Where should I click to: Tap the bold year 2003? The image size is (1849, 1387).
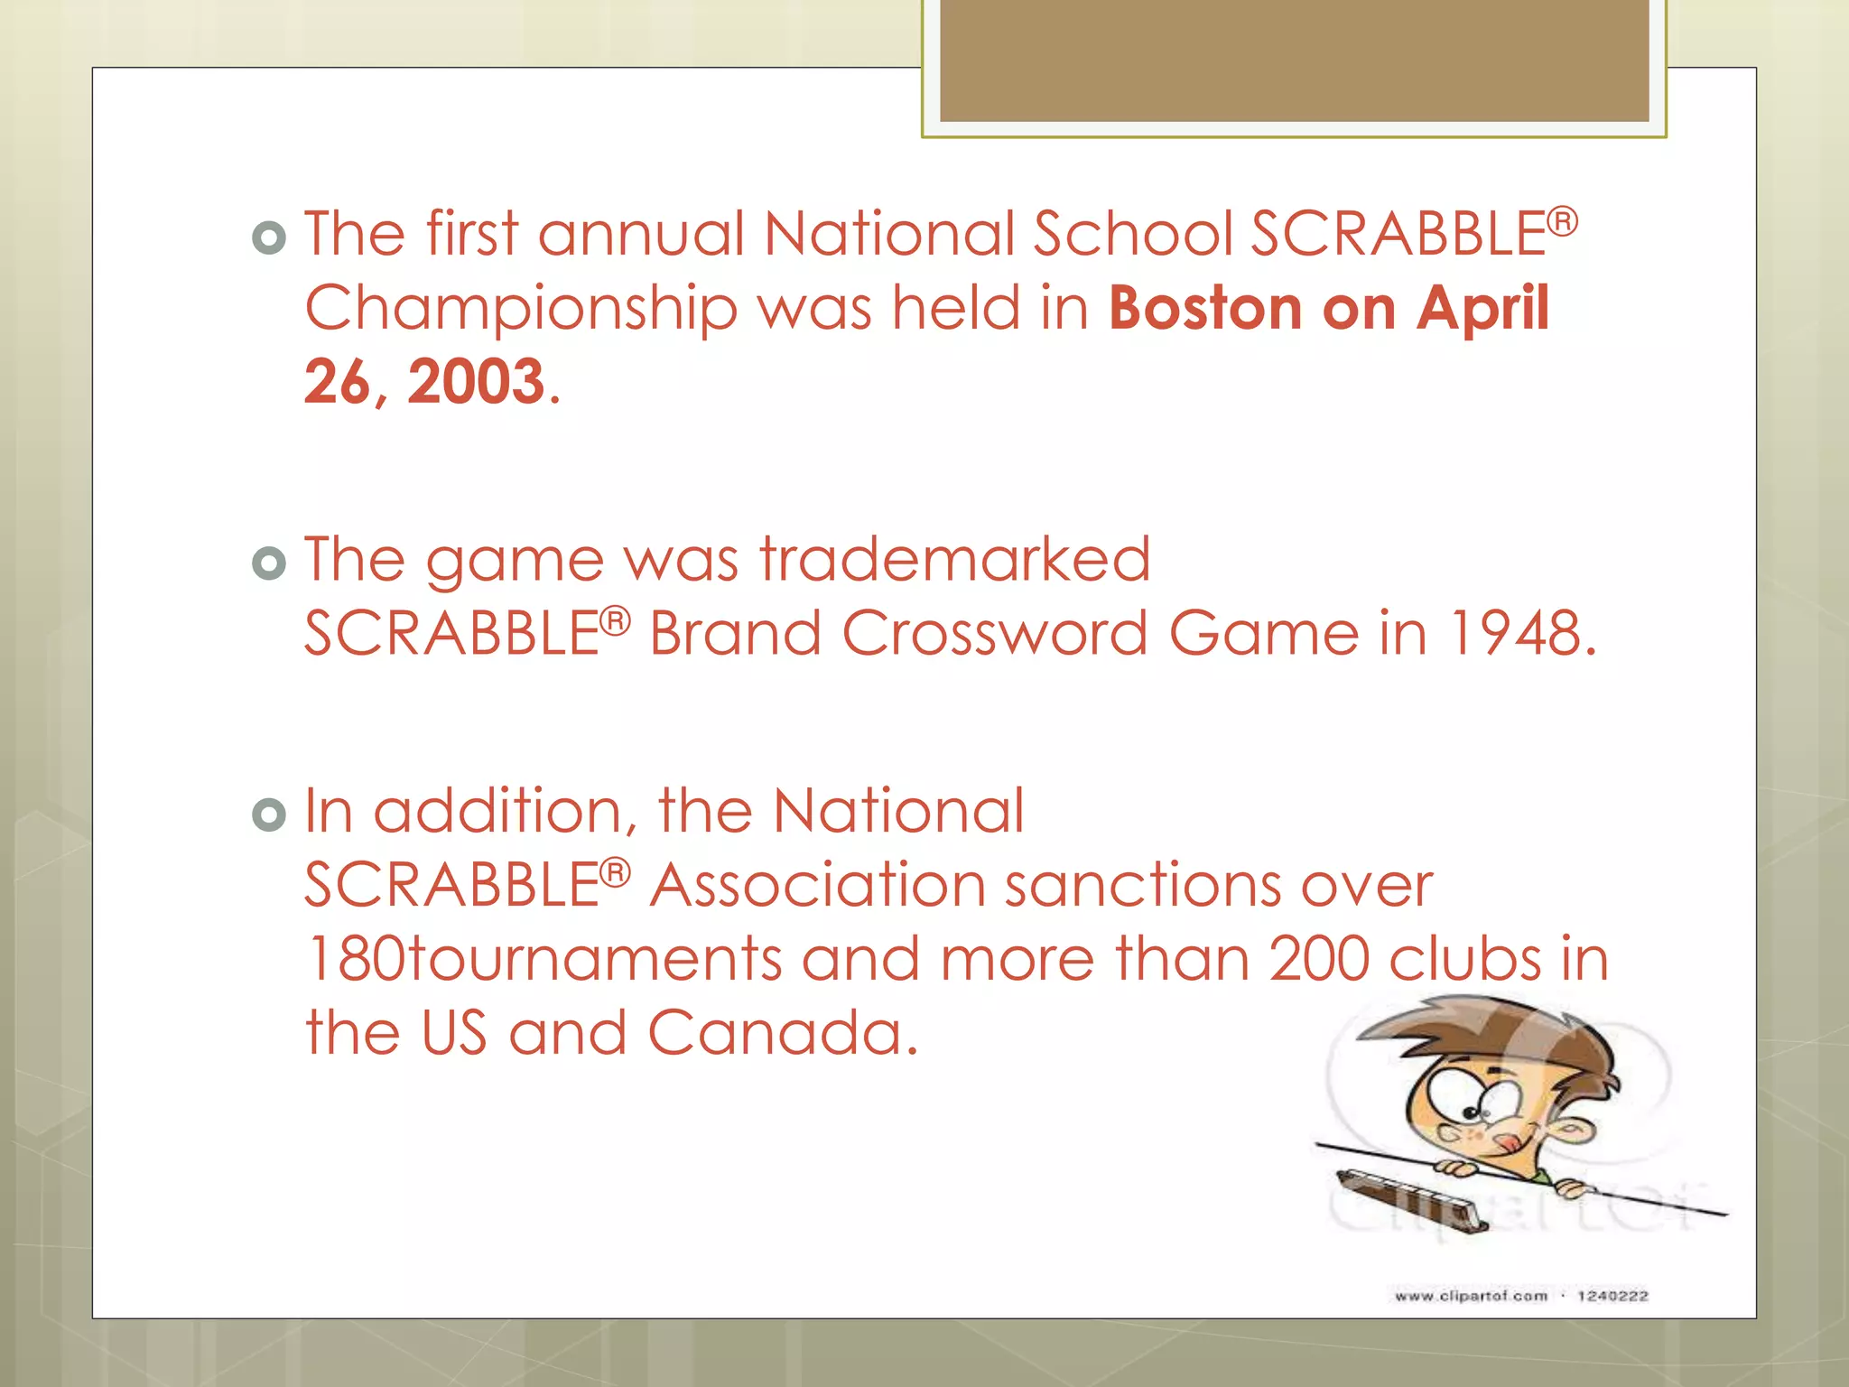pyautogui.click(x=476, y=382)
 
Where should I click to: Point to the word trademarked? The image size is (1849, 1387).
pyautogui.click(x=954, y=560)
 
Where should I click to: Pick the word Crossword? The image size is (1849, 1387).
pyautogui.click(x=995, y=633)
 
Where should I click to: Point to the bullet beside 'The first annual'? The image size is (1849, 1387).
pyautogui.click(x=269, y=238)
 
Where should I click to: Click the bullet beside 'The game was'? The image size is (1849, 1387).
pyautogui.click(x=269, y=564)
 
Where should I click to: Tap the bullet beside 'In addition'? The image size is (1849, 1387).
pyautogui.click(x=269, y=815)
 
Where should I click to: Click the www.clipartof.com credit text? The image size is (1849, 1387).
pyautogui.click(x=1471, y=1296)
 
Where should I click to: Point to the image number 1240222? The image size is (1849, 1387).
pyautogui.click(x=1612, y=1296)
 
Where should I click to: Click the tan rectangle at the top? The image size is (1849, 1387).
pyautogui.click(x=1294, y=61)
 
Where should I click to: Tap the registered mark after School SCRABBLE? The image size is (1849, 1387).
pyautogui.click(x=1563, y=220)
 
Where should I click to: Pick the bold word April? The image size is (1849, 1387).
pyautogui.click(x=1482, y=309)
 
